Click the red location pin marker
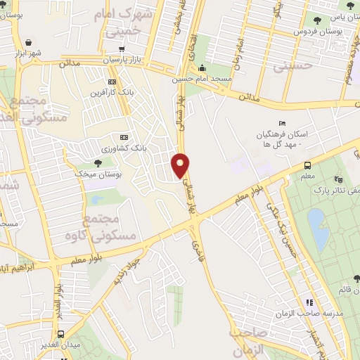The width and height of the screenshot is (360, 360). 181,165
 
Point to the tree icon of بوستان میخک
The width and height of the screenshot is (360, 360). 97,162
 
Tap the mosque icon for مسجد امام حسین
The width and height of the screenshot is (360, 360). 202,68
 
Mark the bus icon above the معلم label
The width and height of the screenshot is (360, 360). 307,165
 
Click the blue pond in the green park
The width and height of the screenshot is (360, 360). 318,229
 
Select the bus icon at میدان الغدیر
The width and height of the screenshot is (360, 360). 62,334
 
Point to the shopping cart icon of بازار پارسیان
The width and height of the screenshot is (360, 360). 122,49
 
